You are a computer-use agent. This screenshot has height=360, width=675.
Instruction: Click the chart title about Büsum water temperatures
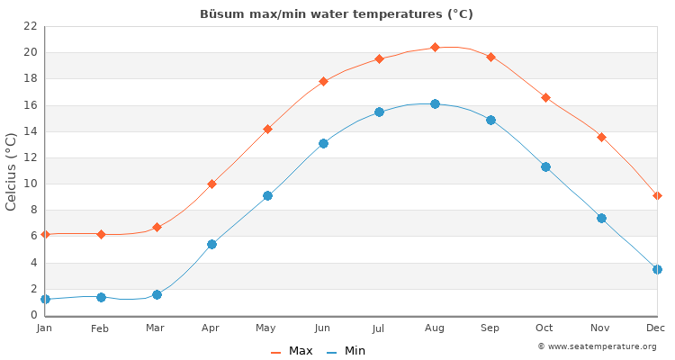coord(337,14)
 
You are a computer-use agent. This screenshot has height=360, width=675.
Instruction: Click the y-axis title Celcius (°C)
coord(12,171)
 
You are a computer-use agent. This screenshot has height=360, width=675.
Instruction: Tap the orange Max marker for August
coord(435,47)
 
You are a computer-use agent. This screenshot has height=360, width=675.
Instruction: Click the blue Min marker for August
coord(435,103)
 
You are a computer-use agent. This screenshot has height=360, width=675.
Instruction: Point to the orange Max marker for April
coord(211,184)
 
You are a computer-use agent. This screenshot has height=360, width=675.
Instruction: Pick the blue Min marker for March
coord(157,294)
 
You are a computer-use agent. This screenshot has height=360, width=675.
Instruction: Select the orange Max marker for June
coord(323,81)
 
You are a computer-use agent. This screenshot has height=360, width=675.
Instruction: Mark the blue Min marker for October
coord(545,166)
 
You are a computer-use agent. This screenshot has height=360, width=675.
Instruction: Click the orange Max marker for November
coord(601,137)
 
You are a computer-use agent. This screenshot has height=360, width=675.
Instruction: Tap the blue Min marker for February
coord(101,297)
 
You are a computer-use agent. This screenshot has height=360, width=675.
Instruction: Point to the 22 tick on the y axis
coord(30,26)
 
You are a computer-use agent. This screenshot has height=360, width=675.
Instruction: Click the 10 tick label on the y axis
coord(30,184)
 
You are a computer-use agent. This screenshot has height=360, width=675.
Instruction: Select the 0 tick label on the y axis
coord(33,315)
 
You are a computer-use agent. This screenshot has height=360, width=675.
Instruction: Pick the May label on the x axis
coord(266,328)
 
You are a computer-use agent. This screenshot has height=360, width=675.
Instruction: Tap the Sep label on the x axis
coord(490,328)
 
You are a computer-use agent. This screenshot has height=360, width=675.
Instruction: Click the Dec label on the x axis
coord(655,328)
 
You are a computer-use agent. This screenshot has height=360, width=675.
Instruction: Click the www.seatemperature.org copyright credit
coord(597,346)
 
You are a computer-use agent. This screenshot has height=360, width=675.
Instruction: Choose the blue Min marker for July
coord(379,112)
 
